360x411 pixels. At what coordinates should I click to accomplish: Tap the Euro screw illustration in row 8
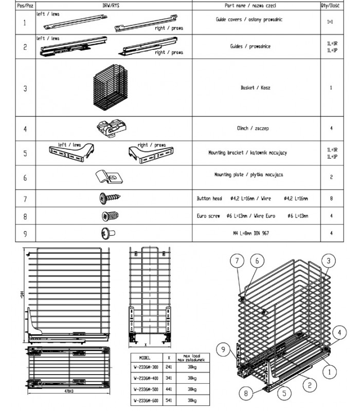coord(110,216)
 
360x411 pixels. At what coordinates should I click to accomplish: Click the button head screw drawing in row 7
coord(110,198)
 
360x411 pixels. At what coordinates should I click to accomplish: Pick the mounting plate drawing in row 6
coord(110,176)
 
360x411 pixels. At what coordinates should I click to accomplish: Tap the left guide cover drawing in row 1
coord(72,22)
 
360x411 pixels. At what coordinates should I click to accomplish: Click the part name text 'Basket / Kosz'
coord(256,88)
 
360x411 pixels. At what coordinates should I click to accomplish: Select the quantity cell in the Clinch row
coord(331,128)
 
